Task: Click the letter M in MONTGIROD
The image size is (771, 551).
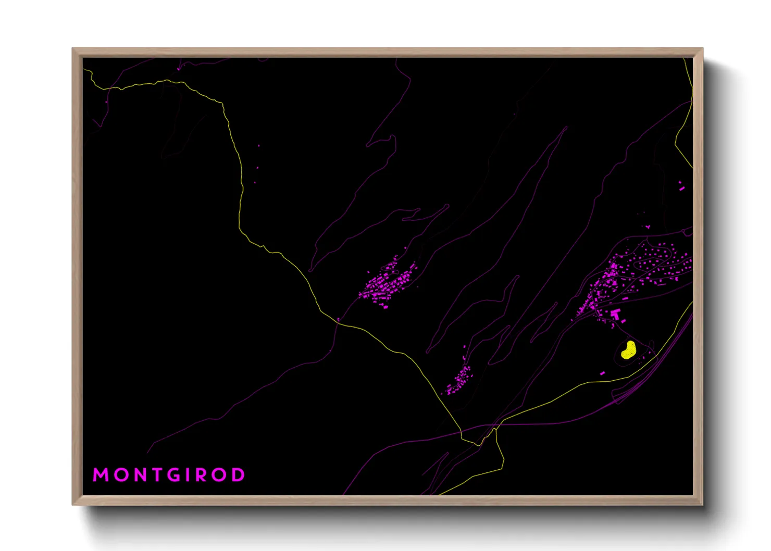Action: pyautogui.click(x=101, y=475)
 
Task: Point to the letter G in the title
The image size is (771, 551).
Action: pyautogui.click(x=175, y=475)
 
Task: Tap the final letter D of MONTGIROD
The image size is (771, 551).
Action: pyautogui.click(x=238, y=475)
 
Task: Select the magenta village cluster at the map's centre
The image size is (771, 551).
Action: pyautogui.click(x=388, y=284)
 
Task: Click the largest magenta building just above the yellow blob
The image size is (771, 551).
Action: pyautogui.click(x=616, y=314)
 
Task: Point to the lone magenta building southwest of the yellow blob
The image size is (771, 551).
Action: pyautogui.click(x=603, y=373)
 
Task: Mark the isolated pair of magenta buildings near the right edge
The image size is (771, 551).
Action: pyautogui.click(x=681, y=186)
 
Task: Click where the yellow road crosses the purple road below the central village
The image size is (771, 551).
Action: pyautogui.click(x=338, y=322)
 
